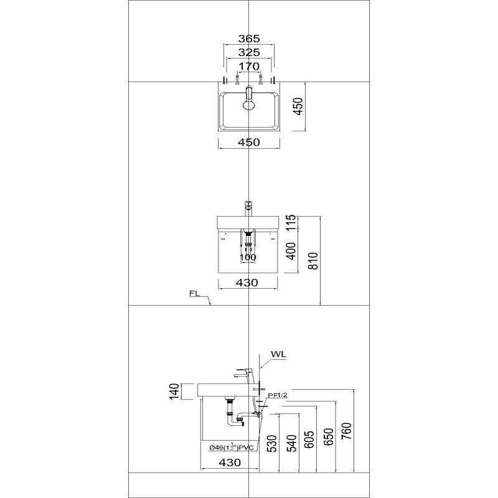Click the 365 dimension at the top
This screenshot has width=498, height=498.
point(249,39)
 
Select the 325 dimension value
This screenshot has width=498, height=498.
point(249,52)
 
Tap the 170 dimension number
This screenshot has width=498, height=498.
point(249,67)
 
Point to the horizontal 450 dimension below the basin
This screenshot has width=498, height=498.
point(249,143)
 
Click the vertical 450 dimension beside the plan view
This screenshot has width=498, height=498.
point(298,106)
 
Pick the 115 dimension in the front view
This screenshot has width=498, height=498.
point(291,222)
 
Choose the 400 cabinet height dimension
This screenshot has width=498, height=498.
point(291,251)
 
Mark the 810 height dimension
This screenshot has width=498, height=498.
point(313,261)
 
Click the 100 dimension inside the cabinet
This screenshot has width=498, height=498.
point(248,257)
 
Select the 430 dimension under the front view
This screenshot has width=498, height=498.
point(247,283)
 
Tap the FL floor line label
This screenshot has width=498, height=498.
point(194,294)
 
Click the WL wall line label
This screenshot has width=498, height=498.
point(278,354)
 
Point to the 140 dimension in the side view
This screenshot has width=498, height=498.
point(174,392)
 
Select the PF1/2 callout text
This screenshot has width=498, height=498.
point(278,395)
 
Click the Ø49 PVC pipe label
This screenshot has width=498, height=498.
point(232,447)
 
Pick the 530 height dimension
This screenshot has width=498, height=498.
point(272,443)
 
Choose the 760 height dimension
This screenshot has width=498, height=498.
point(347,431)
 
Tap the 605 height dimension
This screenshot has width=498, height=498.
point(309,439)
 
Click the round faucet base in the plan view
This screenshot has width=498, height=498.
point(249,105)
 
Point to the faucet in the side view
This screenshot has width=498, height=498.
point(245,375)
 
